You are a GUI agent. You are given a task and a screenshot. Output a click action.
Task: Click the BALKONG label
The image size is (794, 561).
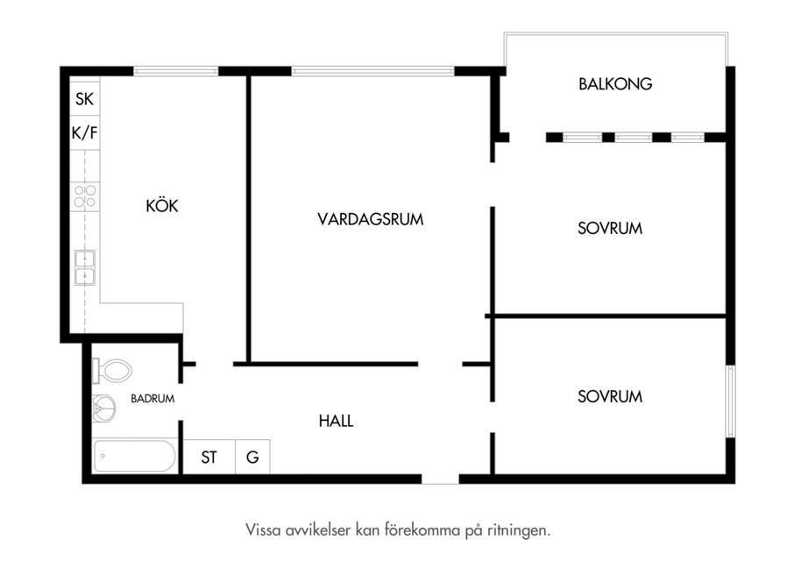615,83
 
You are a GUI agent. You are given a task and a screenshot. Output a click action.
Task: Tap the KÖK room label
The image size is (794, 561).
162,205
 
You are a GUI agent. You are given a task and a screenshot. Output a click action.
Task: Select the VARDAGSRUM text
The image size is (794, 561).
370,219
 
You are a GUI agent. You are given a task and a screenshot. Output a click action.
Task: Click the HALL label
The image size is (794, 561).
336,421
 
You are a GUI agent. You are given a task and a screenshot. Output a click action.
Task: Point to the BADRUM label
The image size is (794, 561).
152,399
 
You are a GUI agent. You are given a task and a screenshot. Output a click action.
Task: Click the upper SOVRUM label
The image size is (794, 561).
610,229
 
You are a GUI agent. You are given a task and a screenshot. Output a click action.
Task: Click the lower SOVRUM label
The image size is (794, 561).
610,396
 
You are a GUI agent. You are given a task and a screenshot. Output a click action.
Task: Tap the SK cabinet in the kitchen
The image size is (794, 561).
84,98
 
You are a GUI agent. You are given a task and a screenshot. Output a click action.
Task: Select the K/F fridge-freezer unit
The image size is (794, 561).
84,132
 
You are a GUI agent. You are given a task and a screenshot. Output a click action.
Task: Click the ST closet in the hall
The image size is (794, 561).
209,458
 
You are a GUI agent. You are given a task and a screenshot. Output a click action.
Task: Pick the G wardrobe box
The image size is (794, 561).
252,458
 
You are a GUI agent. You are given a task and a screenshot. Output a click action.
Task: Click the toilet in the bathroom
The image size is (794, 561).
112,371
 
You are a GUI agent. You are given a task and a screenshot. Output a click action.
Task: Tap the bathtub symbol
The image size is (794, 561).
135,456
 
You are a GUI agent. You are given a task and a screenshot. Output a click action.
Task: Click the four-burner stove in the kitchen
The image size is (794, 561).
85,196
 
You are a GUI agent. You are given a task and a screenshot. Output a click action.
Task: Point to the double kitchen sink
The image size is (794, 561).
85,267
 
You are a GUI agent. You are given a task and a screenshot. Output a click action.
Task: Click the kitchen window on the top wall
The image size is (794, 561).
175,71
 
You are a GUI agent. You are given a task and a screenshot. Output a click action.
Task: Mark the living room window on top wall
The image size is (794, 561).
372,71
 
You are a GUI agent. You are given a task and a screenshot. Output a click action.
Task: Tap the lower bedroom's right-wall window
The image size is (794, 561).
730,401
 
